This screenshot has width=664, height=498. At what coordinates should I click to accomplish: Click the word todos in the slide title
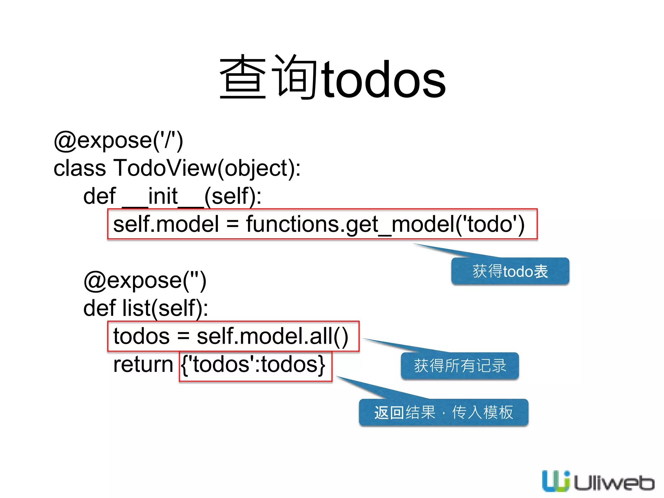pos(384,79)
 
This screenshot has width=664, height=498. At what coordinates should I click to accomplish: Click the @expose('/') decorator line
pos(118,141)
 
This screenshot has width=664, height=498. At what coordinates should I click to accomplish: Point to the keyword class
pos(80,168)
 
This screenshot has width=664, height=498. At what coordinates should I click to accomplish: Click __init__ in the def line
pos(163,196)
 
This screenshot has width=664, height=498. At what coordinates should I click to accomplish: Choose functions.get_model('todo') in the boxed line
pos(385,224)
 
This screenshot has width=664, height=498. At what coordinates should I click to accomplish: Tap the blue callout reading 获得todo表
pos(510,271)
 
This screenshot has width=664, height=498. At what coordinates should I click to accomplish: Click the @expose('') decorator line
pos(145,281)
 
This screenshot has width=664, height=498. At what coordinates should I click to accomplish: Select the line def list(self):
pos(146,308)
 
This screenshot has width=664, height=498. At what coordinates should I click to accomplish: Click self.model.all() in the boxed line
pos(272,337)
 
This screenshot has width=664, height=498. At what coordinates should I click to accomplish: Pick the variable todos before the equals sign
pos(141,337)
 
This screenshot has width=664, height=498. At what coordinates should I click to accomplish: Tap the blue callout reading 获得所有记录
pos(460,366)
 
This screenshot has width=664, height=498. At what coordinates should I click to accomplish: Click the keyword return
pos(143,365)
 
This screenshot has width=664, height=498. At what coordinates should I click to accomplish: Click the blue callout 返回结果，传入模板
pos(444,412)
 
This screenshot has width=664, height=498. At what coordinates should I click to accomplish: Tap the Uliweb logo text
pos(614,483)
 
